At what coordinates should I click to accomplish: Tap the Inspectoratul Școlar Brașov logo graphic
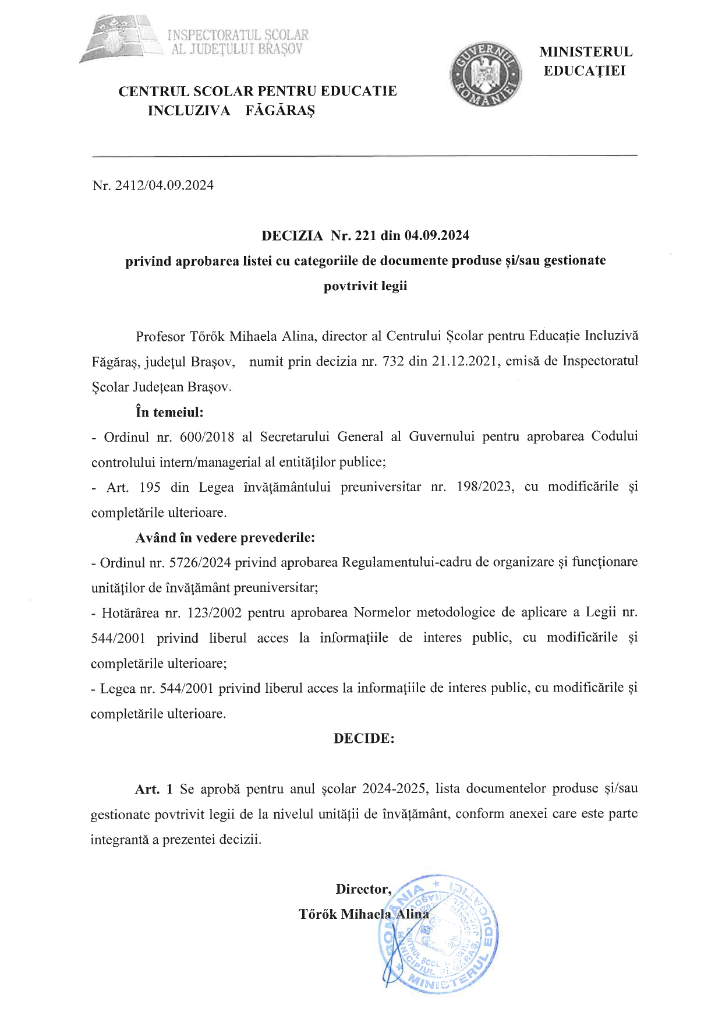(120, 39)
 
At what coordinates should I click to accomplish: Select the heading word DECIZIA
(292, 235)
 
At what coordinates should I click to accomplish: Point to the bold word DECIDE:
(364, 738)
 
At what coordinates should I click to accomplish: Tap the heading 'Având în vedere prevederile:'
(225, 537)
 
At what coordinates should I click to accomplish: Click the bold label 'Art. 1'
(154, 789)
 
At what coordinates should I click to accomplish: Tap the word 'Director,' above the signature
(363, 889)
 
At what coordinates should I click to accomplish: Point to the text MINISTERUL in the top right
(586, 52)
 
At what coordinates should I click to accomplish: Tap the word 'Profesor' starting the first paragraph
(160, 336)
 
